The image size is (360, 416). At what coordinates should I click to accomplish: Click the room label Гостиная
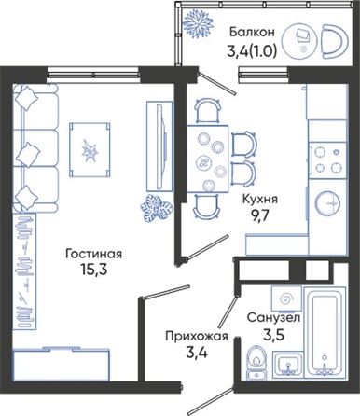[x=93, y=254]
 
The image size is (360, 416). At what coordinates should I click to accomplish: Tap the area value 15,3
[x=93, y=270]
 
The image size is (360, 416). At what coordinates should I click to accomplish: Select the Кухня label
[x=259, y=200]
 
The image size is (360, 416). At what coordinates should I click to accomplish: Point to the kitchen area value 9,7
[x=259, y=215]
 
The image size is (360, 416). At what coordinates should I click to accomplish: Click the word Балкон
[x=252, y=32]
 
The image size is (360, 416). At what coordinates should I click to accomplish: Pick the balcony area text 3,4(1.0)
[x=252, y=51]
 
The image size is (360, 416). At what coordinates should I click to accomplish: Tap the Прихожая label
[x=197, y=336]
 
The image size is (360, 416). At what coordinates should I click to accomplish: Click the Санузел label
[x=273, y=318]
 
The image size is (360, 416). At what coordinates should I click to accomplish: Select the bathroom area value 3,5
[x=273, y=335]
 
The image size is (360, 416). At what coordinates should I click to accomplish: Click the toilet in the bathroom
[x=257, y=362]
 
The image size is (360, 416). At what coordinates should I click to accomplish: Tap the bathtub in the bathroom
[x=325, y=333]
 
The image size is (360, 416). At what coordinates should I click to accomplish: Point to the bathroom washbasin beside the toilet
[x=288, y=365]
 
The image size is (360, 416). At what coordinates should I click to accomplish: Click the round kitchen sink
[x=327, y=203]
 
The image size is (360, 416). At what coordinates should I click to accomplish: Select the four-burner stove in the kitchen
[x=327, y=160]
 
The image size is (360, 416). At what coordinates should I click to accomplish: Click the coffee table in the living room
[x=90, y=150]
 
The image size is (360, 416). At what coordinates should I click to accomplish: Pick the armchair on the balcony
[x=334, y=41]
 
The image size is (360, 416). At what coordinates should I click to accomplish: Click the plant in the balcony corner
[x=198, y=23]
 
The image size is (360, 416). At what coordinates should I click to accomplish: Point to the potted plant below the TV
[x=157, y=208]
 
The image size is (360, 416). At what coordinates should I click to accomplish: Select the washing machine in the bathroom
[x=286, y=298]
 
